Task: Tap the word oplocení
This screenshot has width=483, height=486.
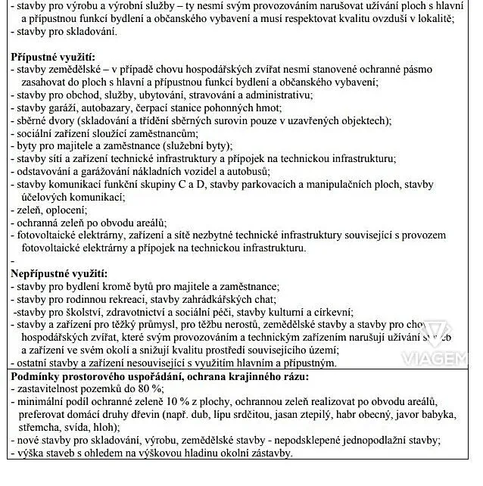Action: [64, 210]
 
